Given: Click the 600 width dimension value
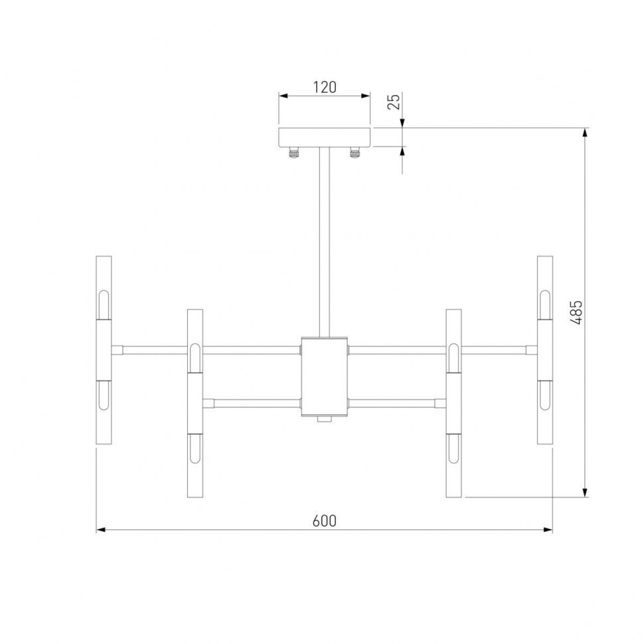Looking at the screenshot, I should pos(325,521).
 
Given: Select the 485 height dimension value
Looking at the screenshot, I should pos(576,311).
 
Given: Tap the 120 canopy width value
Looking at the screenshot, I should pos(324,87).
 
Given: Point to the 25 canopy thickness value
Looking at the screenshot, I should pos(393,102).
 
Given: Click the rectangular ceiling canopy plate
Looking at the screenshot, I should pos(324,137).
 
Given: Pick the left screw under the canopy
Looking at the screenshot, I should pos(292,153).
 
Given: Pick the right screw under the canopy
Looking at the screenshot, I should pos(355,153).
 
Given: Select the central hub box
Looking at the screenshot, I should pos(324,376).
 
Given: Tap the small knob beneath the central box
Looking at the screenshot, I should pos(324,419).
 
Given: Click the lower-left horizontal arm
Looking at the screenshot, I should pos(252,402).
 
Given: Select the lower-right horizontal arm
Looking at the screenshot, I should pos(395,402).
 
